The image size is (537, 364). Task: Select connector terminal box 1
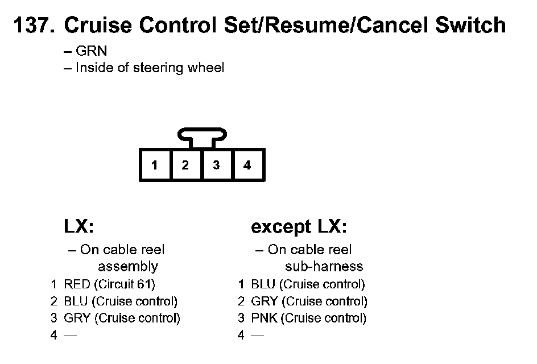pos(155,166)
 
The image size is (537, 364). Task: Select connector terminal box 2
pos(185,166)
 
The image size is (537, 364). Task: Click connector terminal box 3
pos(216,166)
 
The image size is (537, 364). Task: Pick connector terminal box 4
pos(247,166)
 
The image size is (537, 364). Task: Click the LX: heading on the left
pos(78,227)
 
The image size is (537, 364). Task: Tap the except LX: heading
pos(299,227)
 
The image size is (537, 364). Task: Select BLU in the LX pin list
pos(76,301)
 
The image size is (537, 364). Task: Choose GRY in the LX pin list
pos(77,318)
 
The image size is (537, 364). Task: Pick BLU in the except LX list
pos(263,284)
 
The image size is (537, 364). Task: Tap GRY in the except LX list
pos(264,301)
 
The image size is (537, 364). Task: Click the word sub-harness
pos(324,266)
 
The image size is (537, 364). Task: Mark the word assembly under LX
pos(127,266)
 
